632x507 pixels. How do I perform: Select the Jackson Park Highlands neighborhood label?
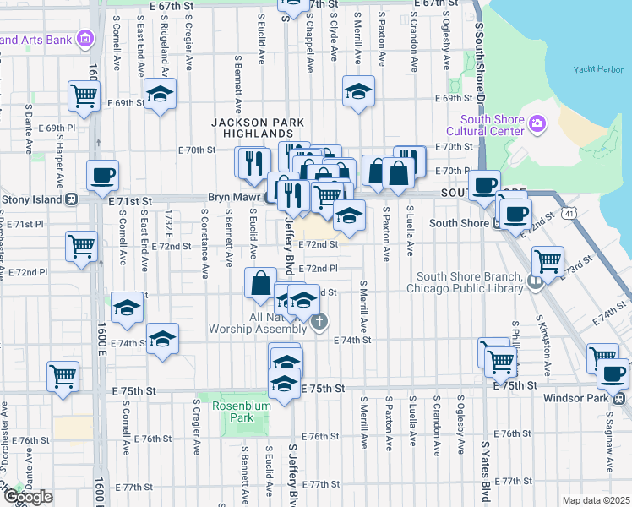tap(251, 128)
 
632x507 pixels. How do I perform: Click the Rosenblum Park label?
tap(232, 411)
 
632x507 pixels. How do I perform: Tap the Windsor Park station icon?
tap(620, 398)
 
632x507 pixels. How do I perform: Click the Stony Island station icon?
tap(74, 199)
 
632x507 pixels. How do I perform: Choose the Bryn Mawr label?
tap(234, 199)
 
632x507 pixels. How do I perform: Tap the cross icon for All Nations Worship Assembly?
tap(319, 320)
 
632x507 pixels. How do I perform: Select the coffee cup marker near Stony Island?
tap(103, 176)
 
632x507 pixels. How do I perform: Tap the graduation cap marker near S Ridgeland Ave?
tap(160, 95)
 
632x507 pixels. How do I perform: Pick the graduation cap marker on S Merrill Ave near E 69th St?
tap(359, 90)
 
